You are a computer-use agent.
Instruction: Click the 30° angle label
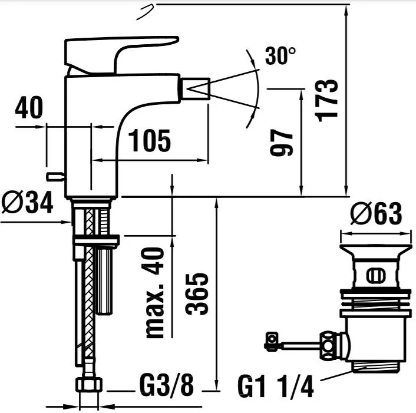280,56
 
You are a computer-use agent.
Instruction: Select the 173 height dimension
326,101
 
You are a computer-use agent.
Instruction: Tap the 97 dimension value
281,143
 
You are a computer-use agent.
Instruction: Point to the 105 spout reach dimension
149,141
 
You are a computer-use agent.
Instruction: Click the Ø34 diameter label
27,202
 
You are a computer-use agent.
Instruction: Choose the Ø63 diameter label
376,213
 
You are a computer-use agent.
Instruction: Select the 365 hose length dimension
197,294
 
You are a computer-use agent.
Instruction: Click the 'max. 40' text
154,293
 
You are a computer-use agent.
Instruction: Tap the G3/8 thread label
167,385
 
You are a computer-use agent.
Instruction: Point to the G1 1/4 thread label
276,386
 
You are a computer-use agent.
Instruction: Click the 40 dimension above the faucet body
29,107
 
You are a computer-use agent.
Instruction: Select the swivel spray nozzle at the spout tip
195,88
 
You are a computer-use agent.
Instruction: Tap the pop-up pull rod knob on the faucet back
55,177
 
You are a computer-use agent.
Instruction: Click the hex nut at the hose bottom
89,385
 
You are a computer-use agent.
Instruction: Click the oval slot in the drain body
376,276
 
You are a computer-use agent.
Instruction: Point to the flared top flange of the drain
376,251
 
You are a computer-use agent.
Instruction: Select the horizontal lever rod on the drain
300,345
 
